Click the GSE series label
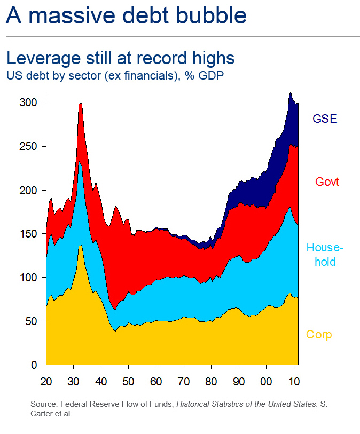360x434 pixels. [325, 119]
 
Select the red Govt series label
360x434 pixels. [327, 182]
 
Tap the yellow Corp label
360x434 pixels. [319, 335]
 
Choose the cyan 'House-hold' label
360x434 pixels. [325, 255]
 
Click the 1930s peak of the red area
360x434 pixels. [80, 104]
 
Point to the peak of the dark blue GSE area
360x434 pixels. [290, 93]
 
